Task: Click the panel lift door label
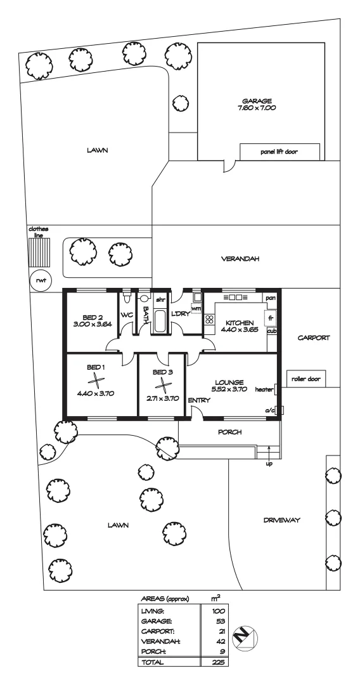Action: [280, 152]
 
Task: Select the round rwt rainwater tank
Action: [41, 280]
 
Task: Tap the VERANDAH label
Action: [240, 259]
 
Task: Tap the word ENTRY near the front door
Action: [198, 400]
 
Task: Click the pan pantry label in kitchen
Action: [271, 297]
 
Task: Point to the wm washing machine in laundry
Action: [195, 309]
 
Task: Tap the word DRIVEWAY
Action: [281, 520]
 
